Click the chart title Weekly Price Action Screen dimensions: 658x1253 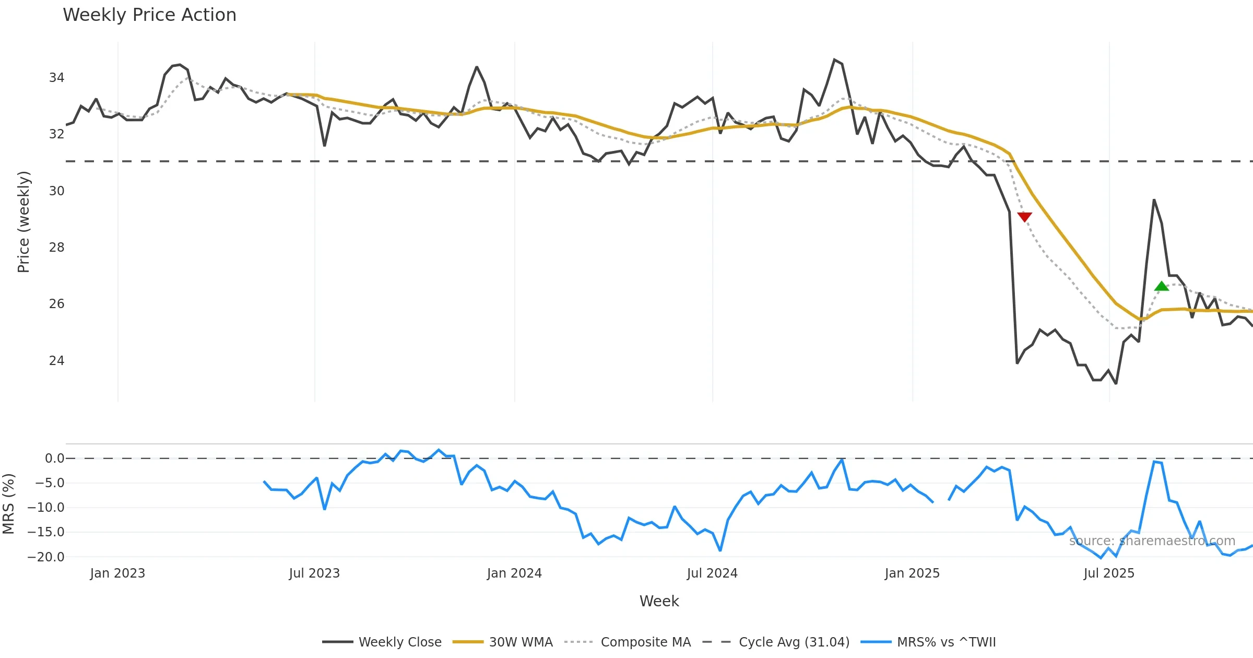point(149,15)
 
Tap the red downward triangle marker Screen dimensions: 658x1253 point(1024,217)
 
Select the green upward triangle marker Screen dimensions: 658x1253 point(1161,286)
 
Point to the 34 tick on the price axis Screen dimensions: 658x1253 point(56,78)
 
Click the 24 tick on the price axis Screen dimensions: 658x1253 point(56,361)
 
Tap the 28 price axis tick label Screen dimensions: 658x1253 point(56,248)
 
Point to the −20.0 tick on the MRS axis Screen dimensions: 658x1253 point(46,557)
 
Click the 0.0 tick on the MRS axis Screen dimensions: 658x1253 point(54,459)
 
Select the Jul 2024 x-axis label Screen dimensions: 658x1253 point(712,573)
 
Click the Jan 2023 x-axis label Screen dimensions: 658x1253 point(117,573)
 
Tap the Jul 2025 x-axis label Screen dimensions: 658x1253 point(1109,573)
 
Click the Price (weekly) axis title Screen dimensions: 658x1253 point(23,222)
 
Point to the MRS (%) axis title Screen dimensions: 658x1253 point(8,504)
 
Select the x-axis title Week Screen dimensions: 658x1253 point(659,602)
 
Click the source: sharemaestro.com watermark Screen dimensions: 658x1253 point(1152,541)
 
